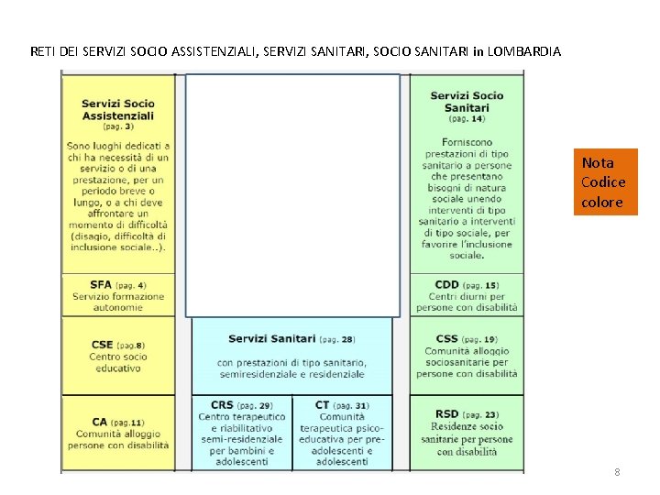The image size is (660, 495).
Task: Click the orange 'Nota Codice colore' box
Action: pyautogui.click(x=604, y=182)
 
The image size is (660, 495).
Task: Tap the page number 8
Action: pyautogui.click(x=617, y=472)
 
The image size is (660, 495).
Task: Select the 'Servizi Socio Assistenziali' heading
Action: pyautogui.click(x=117, y=109)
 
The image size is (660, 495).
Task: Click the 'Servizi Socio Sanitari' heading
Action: pyautogui.click(x=467, y=102)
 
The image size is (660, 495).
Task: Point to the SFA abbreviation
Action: pyautogui.click(x=101, y=285)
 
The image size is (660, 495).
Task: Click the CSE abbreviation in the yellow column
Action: pyautogui.click(x=102, y=345)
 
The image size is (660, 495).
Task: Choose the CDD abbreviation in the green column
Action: pyautogui.click(x=447, y=285)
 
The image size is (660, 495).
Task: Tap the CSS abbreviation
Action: pyautogui.click(x=447, y=339)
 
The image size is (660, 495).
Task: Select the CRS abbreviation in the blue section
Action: pyautogui.click(x=222, y=405)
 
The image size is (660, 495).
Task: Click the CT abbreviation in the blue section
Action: pyautogui.click(x=322, y=405)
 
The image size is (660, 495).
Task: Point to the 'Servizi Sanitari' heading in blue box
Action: pyautogui.click(x=271, y=339)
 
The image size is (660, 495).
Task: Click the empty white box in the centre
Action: pyautogui.click(x=292, y=194)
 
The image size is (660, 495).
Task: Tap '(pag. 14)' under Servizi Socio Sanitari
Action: pyautogui.click(x=467, y=119)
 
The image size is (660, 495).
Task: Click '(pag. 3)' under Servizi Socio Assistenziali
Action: pyautogui.click(x=117, y=126)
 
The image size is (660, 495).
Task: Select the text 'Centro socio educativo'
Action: pyautogui.click(x=117, y=362)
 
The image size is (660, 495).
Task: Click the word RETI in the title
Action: pyautogui.click(x=42, y=52)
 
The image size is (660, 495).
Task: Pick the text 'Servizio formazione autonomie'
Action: pyautogui.click(x=117, y=302)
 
